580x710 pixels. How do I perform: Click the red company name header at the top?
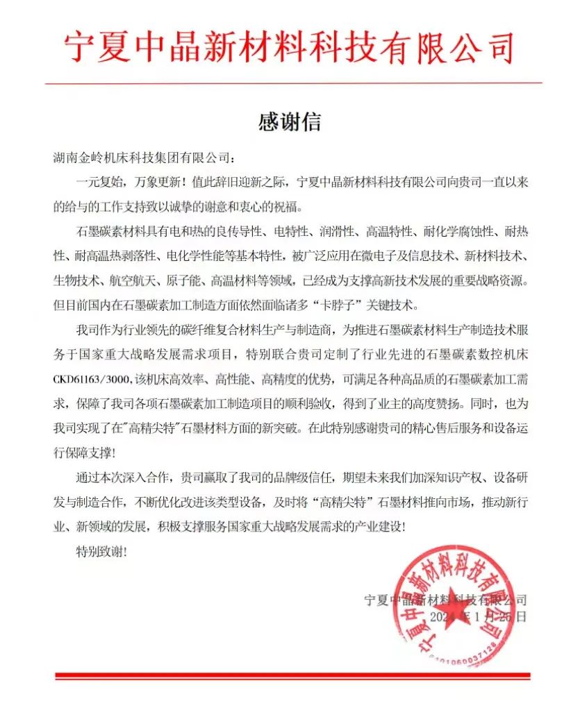tap(290, 48)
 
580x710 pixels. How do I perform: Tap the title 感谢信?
tap(290, 122)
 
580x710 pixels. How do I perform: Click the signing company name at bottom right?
tap(445, 599)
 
